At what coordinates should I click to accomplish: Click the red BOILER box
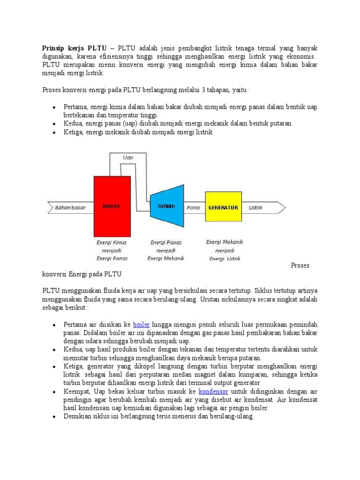point(112,207)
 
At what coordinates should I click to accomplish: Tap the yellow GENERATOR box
point(223,207)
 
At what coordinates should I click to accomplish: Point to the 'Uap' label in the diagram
point(127,157)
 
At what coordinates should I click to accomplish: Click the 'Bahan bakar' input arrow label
point(70,208)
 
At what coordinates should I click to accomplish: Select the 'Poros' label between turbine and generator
point(193,208)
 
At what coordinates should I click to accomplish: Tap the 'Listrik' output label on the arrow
point(256,208)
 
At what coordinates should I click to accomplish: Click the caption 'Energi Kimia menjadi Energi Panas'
point(112,250)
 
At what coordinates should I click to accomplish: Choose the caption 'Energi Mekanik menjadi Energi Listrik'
point(224,250)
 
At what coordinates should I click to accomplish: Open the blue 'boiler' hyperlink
point(141,324)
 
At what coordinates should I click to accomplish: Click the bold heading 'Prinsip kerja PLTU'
point(74,48)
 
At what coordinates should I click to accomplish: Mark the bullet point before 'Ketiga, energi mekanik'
point(54,133)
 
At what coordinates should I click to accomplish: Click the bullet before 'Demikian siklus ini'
point(54,417)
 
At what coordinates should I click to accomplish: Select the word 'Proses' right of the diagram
point(300,265)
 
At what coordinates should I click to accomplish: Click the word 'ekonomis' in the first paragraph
point(300,56)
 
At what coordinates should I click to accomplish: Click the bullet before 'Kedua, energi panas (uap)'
point(54,124)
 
